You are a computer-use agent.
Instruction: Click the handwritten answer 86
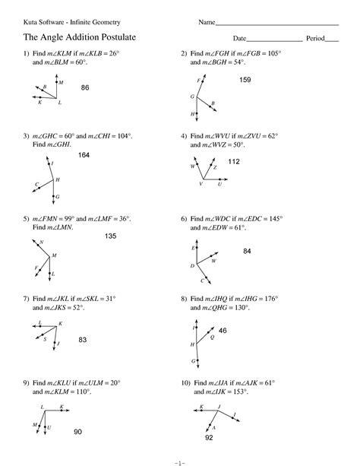(85, 88)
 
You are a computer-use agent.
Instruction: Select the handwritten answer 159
(245, 80)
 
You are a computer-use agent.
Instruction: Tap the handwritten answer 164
(84, 155)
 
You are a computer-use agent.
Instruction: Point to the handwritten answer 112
(234, 161)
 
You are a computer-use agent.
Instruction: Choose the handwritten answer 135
(110, 236)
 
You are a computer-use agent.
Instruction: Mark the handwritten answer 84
(248, 251)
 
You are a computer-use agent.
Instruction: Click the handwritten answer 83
(84, 340)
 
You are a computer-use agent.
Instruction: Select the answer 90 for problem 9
(77, 432)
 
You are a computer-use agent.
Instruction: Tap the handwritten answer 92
(209, 439)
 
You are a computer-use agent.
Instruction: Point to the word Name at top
(207, 22)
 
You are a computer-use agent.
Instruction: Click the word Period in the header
(315, 38)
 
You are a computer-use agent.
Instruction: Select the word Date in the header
(240, 38)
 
